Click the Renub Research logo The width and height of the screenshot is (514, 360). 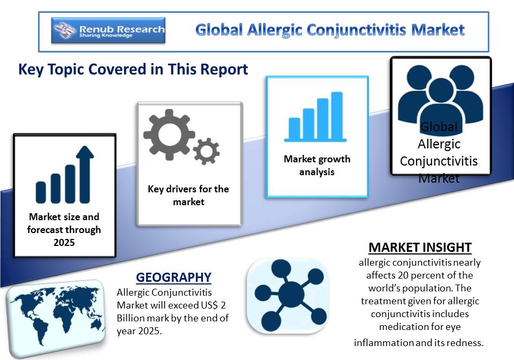pos(108,31)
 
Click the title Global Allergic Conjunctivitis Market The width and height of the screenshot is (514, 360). pos(330,30)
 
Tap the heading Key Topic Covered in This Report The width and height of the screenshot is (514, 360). pos(133,70)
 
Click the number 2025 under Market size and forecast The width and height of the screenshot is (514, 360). pos(64,243)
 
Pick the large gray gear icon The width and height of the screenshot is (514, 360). pos(169,134)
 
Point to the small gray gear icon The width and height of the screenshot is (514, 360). pos(207,151)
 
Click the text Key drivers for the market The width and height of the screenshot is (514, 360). pos(188,196)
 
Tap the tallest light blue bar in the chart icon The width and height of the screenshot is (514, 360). pos(337,116)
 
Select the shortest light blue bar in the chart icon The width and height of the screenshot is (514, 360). pos(294,129)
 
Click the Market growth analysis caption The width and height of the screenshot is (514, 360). pos(317,166)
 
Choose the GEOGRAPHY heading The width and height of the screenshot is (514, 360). pos(173,277)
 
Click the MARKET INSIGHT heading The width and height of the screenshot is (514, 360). pos(420,247)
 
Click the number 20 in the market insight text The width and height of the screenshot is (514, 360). pos(403,275)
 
